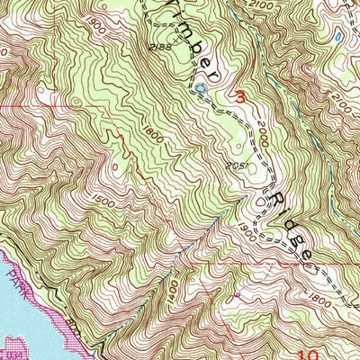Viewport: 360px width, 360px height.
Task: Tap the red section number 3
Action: [x=240, y=94]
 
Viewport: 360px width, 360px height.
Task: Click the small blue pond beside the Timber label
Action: [x=202, y=89]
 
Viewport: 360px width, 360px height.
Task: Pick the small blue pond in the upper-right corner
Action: [x=336, y=39]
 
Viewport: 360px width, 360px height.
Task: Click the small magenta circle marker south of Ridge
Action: [x=237, y=292]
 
